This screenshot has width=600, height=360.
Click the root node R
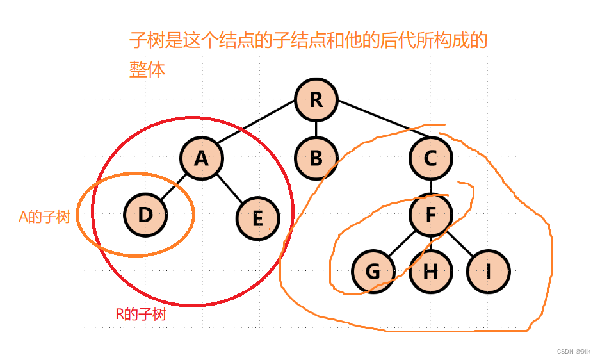[x=316, y=101]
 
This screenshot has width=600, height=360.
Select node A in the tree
[x=201, y=158]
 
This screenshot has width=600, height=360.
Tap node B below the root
[x=316, y=158]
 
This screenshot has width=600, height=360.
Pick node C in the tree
[x=430, y=158]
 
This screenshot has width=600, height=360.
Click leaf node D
[x=145, y=215]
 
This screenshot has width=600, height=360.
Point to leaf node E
[x=257, y=218]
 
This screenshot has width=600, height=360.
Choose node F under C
[x=430, y=215]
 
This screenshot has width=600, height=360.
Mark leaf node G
[x=373, y=272]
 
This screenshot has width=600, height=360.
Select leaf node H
[x=430, y=272]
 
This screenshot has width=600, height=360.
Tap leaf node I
[x=488, y=272]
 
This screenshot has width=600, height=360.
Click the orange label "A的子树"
[x=44, y=217]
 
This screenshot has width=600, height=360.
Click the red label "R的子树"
[x=141, y=315]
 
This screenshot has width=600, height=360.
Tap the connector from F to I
[x=459, y=243]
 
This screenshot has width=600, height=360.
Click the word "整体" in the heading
[x=147, y=69]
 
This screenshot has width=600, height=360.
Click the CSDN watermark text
[x=573, y=352]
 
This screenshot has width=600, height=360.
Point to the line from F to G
[x=401, y=243]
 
